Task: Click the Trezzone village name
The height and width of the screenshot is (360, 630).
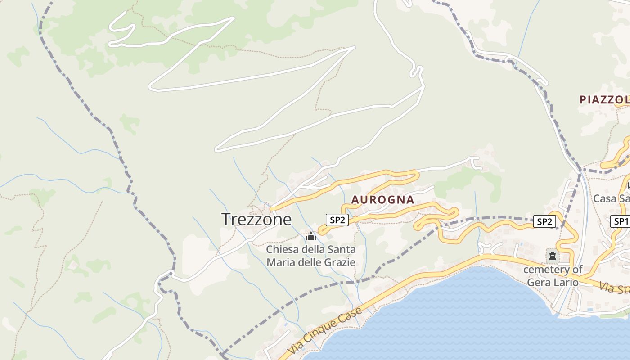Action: pyautogui.click(x=256, y=220)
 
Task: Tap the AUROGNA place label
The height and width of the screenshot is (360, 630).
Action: pyautogui.click(x=382, y=200)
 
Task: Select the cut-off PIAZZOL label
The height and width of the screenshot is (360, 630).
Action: pyautogui.click(x=604, y=100)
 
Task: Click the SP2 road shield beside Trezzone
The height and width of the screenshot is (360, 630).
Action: pyautogui.click(x=337, y=220)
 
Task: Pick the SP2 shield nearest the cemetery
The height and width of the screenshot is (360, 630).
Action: pyautogui.click(x=544, y=221)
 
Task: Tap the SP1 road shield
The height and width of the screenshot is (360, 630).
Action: pyautogui.click(x=620, y=221)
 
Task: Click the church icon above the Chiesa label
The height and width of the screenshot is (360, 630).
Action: pyautogui.click(x=311, y=236)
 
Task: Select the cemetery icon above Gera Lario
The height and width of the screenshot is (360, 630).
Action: pyautogui.click(x=552, y=256)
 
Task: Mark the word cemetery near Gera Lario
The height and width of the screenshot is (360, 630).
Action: pyautogui.click(x=553, y=270)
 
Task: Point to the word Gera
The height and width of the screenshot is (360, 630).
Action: pyautogui.click(x=538, y=282)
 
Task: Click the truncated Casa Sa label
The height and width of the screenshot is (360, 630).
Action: pyautogui.click(x=611, y=198)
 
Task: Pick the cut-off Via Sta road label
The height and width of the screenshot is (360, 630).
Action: pyautogui.click(x=616, y=288)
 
